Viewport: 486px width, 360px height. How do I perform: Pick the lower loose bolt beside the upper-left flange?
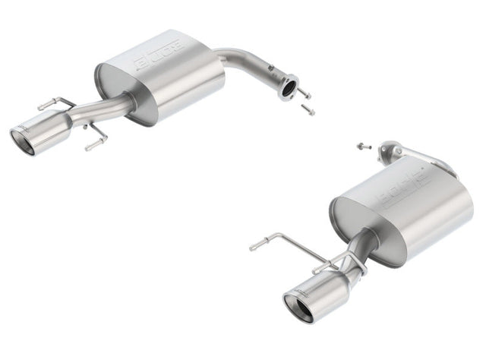308,109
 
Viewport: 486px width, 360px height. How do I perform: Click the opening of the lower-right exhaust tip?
296,308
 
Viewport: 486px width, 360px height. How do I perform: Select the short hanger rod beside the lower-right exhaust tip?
323,266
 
